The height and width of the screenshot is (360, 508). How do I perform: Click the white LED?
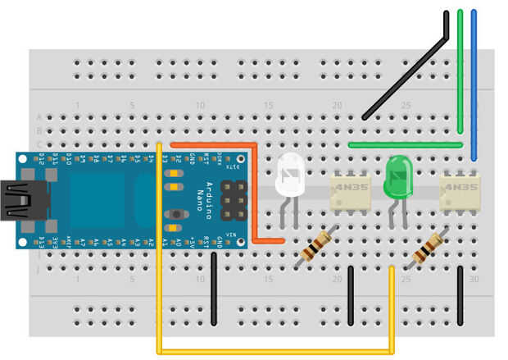click(x=290, y=175)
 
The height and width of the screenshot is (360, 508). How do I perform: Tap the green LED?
click(x=398, y=176)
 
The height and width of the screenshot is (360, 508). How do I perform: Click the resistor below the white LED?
click(x=315, y=245)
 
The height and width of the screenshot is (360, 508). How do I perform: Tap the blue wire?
click(x=474, y=82)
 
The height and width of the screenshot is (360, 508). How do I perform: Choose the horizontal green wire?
click(x=405, y=145)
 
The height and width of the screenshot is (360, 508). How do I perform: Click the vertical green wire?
click(x=460, y=74)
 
